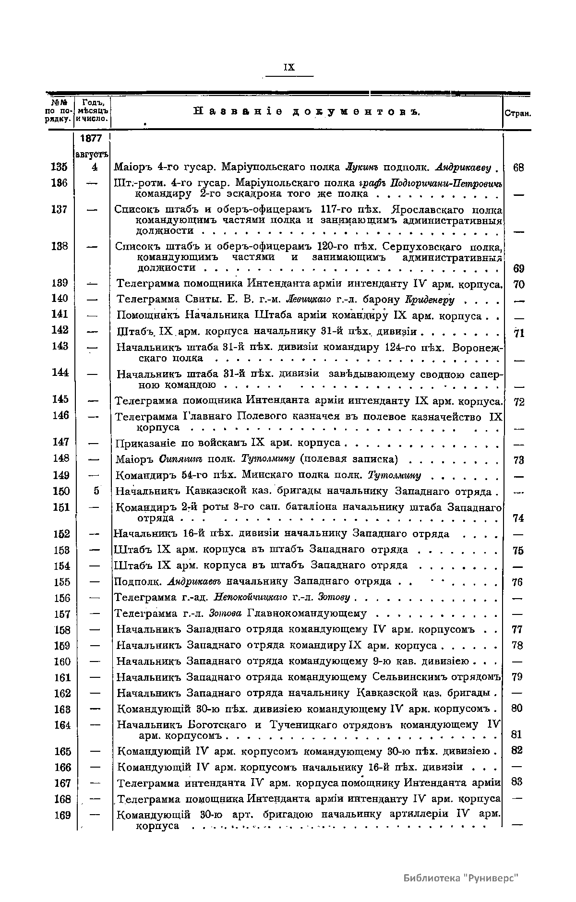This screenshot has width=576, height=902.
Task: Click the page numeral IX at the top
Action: pyautogui.click(x=289, y=68)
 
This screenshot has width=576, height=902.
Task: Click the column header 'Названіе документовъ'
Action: pyautogui.click(x=307, y=112)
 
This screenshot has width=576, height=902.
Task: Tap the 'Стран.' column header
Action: pyautogui.click(x=517, y=114)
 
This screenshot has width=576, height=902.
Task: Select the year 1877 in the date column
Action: pyautogui.click(x=91, y=138)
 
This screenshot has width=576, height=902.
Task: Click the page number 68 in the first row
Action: pyautogui.click(x=518, y=168)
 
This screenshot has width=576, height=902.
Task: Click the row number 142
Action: pyautogui.click(x=60, y=330)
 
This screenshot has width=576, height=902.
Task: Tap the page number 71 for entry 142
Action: pyautogui.click(x=518, y=332)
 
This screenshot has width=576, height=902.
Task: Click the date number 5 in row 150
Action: pyautogui.click(x=96, y=491)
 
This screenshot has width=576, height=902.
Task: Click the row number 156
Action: pyautogui.click(x=62, y=598)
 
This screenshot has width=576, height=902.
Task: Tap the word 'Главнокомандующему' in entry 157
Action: pyautogui.click(x=306, y=613)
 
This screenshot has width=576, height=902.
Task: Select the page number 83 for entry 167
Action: pyautogui.click(x=517, y=782)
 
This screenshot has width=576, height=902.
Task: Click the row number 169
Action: pyautogui.click(x=62, y=815)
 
